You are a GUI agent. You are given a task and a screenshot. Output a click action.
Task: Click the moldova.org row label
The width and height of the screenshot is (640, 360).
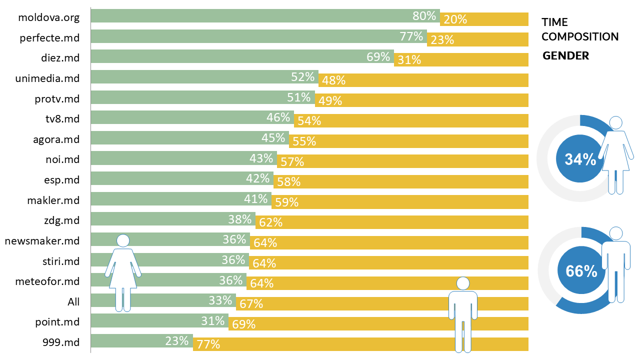coord(48,18)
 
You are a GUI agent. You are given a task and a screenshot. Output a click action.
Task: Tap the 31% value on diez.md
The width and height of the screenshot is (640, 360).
coord(409,60)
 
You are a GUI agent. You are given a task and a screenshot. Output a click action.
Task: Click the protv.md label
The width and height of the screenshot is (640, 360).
coord(57,99)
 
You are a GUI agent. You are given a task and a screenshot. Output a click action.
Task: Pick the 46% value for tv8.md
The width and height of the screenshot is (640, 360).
coord(278,117)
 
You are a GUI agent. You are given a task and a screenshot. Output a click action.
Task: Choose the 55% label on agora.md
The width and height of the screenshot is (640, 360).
coord(304,141)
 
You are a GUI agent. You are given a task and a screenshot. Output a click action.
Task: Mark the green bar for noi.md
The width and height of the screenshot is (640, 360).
coord(170,158)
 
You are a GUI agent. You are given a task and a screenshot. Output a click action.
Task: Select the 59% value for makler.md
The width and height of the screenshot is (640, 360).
coord(286,202)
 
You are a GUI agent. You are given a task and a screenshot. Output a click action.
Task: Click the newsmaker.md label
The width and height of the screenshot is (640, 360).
coord(42,241)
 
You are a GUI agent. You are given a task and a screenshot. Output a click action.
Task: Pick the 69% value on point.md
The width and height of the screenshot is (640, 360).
coord(243,324)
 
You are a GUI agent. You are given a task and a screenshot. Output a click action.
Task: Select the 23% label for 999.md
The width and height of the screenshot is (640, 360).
coord(177,341)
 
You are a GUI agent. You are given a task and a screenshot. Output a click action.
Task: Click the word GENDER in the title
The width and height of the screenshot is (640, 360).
coord(565,56)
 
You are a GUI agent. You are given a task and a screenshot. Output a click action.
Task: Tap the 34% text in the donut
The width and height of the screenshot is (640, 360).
coord(580,159)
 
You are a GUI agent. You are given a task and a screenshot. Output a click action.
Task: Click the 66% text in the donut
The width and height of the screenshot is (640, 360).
coord(581,271)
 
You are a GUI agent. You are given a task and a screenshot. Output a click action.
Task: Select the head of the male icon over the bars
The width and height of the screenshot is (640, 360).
coord(463,283)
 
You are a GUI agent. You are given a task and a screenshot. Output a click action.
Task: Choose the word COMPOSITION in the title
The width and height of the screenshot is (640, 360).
coord(580,36)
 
